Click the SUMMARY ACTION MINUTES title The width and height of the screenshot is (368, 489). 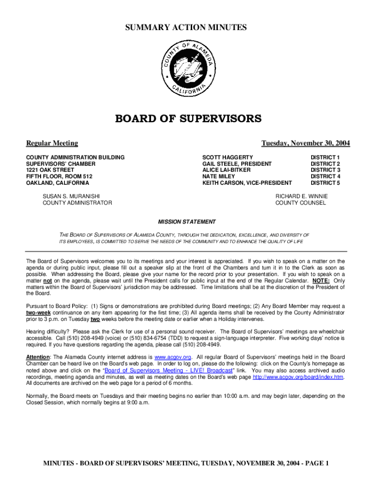[x=186, y=28]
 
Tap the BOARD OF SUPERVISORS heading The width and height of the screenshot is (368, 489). [x=188, y=118]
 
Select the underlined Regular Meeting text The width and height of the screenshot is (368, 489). [x=52, y=143]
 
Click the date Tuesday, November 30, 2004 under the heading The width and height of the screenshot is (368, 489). [x=305, y=143]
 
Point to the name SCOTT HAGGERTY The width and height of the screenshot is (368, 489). [x=227, y=157]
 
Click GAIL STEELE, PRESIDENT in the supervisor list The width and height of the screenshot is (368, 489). [x=237, y=164]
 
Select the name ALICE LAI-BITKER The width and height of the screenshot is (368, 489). [x=226, y=170]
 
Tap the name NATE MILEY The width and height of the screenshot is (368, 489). [x=218, y=176]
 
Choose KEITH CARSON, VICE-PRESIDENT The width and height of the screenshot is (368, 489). [x=247, y=183]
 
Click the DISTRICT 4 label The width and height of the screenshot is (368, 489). [x=325, y=176]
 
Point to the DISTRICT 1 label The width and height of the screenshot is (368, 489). [x=325, y=157]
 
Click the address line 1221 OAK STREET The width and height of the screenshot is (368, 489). [x=50, y=170]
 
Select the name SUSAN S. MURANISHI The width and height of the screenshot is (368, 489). [x=71, y=196]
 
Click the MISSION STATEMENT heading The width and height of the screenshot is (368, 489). [x=187, y=222]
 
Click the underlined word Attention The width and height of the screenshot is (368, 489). [x=38, y=357]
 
